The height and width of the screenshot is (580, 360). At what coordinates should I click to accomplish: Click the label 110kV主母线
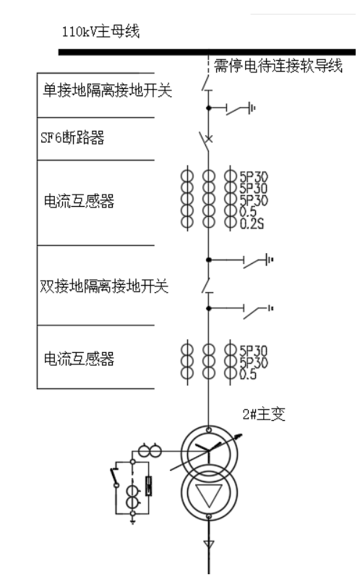pos(100,31)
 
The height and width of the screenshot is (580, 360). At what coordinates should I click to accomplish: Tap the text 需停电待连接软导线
pos(278,66)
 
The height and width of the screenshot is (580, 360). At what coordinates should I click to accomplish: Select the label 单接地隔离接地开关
pos(108,90)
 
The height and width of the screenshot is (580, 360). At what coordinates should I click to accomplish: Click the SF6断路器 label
pos(72,137)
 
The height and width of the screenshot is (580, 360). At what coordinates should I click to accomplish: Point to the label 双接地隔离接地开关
pos(104,286)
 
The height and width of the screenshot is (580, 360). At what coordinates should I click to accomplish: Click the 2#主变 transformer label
pos(264,414)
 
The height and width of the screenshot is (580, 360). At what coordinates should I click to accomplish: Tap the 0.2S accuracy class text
pos(252,223)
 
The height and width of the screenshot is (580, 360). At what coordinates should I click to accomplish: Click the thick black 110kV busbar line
pos(207,52)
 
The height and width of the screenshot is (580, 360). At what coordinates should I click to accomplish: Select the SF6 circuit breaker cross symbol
pos(209,139)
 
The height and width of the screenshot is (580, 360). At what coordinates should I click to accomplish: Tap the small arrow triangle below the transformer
pos(209,544)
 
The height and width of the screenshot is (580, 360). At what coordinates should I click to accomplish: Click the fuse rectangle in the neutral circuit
pos(149,486)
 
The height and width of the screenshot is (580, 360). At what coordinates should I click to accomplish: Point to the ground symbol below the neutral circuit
pos(132,521)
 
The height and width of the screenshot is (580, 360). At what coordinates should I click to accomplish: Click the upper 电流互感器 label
pos(79,201)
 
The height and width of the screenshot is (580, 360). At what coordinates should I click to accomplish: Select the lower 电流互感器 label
pos(79,359)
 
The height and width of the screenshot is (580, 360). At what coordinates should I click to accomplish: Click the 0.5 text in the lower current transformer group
pos(248,375)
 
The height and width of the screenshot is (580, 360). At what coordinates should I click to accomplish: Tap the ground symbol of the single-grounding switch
pos(252,108)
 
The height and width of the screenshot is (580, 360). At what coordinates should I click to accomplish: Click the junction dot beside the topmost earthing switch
pos(208,108)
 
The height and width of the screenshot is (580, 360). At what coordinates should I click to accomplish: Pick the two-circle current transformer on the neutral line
pos(150,451)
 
